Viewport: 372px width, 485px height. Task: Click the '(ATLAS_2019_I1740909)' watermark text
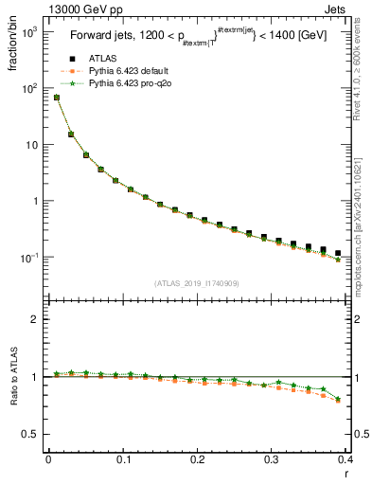coord(195,283)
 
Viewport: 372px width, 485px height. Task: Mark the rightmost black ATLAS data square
coord(338,253)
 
